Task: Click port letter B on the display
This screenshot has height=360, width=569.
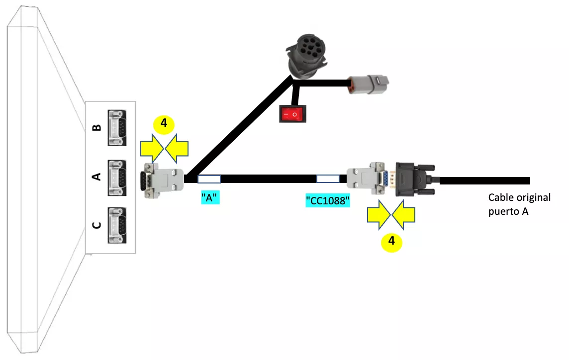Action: tap(97, 127)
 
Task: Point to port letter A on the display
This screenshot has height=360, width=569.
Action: tap(97, 176)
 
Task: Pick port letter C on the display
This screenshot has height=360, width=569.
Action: tap(97, 225)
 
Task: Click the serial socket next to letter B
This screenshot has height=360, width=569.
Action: tap(116, 128)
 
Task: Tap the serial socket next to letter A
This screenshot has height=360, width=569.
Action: tap(116, 177)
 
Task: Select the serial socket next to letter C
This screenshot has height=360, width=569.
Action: tap(116, 225)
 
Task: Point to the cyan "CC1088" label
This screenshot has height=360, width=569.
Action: tap(328, 201)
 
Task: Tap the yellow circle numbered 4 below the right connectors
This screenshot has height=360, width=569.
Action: tap(392, 241)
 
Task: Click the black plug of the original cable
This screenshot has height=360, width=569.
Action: tap(416, 179)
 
